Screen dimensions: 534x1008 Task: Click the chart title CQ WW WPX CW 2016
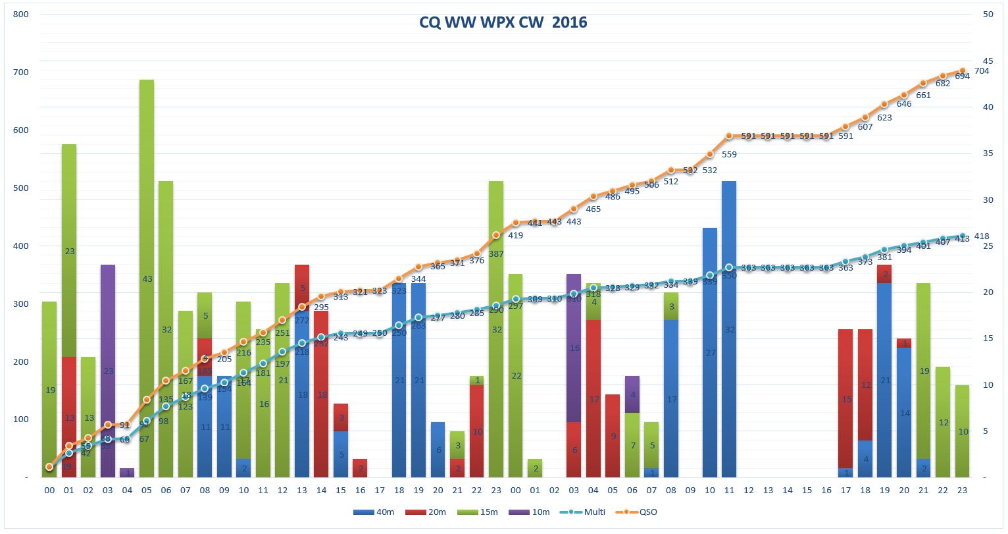pyautogui.click(x=503, y=23)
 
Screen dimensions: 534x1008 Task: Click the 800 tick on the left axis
pyautogui.click(x=21, y=14)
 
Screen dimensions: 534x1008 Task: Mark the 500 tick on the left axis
pyautogui.click(x=21, y=188)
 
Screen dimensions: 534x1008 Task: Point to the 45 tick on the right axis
pyautogui.click(x=988, y=61)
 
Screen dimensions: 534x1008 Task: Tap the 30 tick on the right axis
pyautogui.click(x=988, y=200)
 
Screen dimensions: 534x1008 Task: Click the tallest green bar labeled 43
pyautogui.click(x=147, y=279)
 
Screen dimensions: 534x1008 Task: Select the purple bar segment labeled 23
pyautogui.click(x=108, y=371)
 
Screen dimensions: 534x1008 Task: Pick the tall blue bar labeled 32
pyautogui.click(x=729, y=329)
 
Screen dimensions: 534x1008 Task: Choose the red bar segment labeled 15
pyautogui.click(x=845, y=399)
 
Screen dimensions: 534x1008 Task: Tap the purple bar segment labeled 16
pyautogui.click(x=574, y=348)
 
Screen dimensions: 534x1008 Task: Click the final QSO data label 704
pyautogui.click(x=982, y=71)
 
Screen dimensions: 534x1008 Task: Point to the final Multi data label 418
pyautogui.click(x=982, y=236)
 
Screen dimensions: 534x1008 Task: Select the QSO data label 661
pyautogui.click(x=923, y=95)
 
